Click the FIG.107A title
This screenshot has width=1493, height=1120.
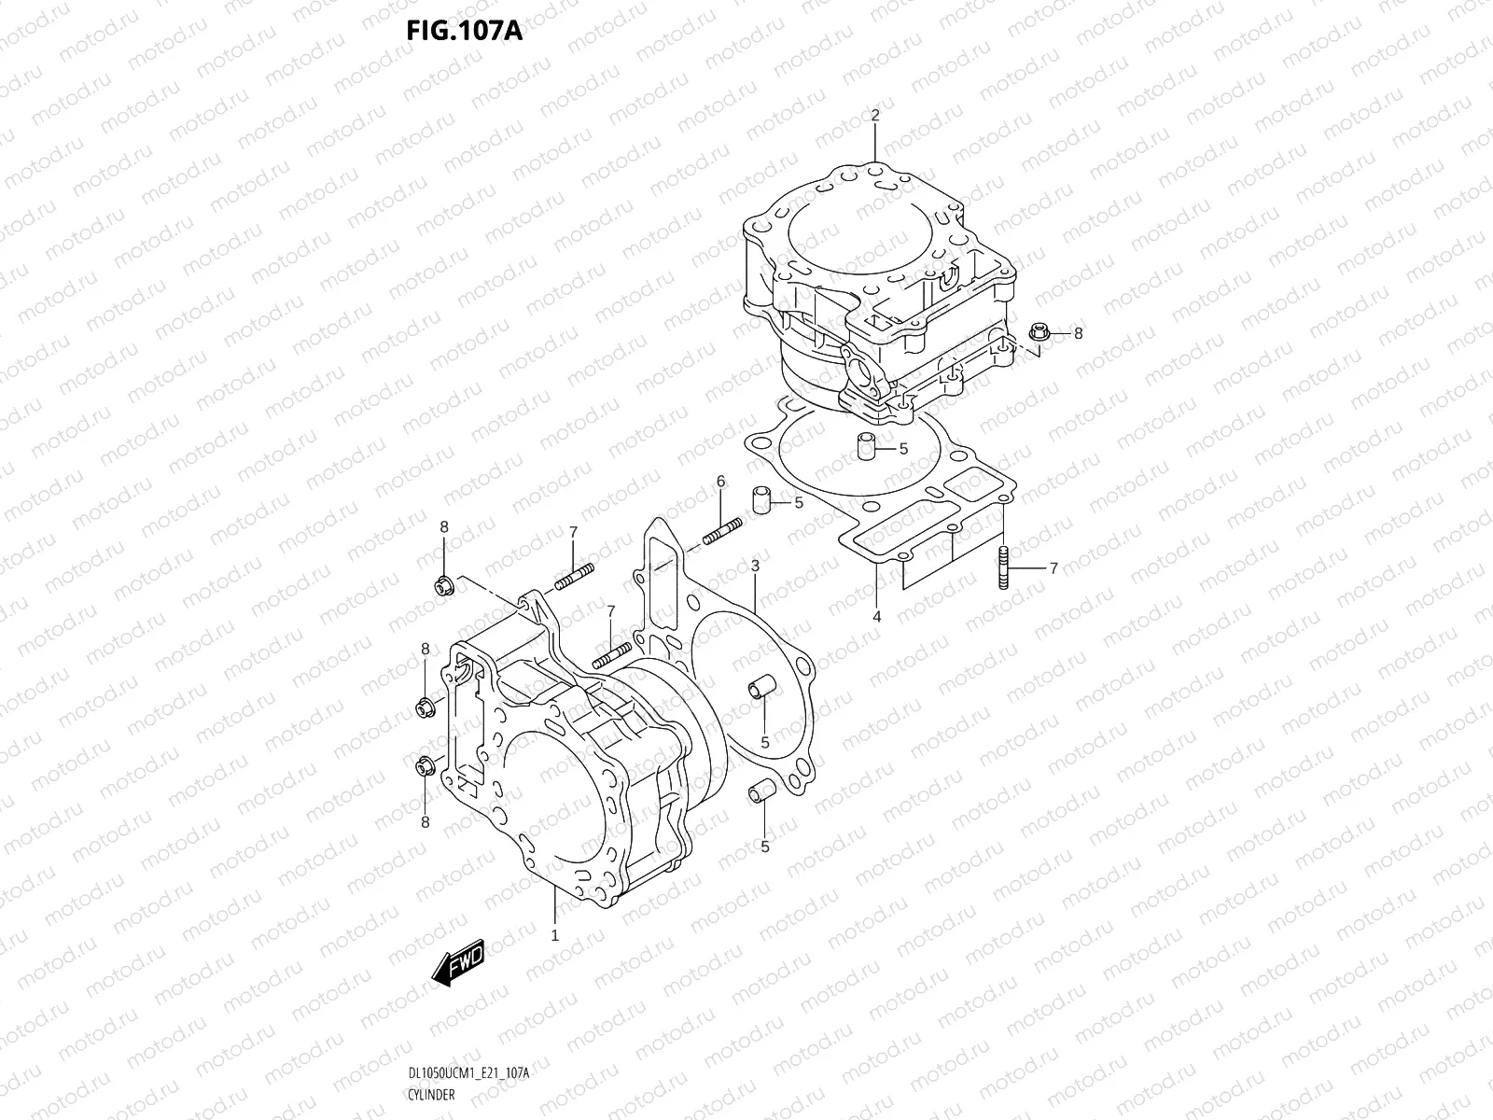coord(464,31)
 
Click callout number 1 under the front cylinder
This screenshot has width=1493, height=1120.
coord(554,934)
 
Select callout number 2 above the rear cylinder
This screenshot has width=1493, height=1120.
coord(875,116)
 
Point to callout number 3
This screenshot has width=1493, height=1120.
coord(754,566)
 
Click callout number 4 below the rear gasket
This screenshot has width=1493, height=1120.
coord(876,616)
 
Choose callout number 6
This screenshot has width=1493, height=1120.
coord(720,481)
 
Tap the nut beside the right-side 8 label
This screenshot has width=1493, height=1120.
coord(1038,332)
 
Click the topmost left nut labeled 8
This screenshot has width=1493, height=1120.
coord(443,586)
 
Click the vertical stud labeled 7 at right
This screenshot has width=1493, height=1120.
coord(1003,567)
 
